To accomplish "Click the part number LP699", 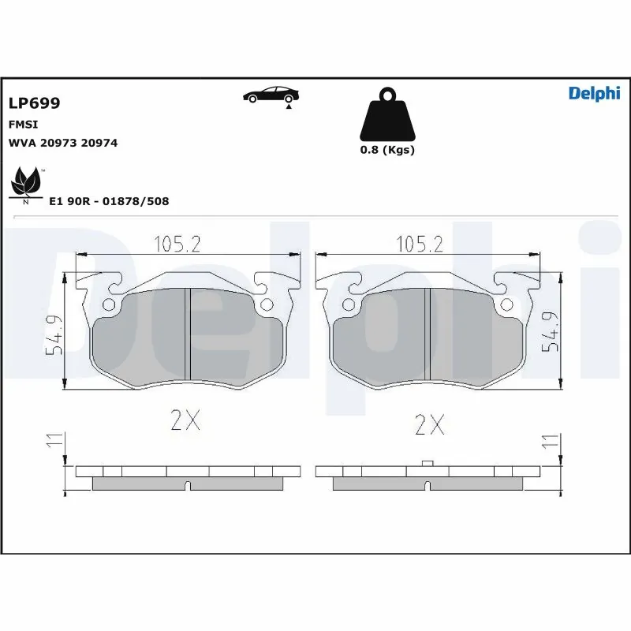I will click(34, 103).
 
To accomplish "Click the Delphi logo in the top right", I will click(594, 94).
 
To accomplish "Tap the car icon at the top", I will click(271, 95).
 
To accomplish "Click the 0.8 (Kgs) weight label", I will click(387, 150).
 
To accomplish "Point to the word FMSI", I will click(24, 125).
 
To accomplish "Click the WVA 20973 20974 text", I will click(63, 143).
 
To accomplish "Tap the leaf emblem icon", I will click(26, 185).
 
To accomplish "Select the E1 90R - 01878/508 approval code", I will click(109, 201).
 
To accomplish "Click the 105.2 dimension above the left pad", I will click(177, 245).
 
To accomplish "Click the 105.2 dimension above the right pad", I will click(418, 245).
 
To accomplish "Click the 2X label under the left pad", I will click(186, 422).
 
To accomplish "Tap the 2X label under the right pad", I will click(429, 425).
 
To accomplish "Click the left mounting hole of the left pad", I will click(110, 305).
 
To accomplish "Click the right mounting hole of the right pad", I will click(506, 305).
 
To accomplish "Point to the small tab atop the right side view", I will click(427, 463).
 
